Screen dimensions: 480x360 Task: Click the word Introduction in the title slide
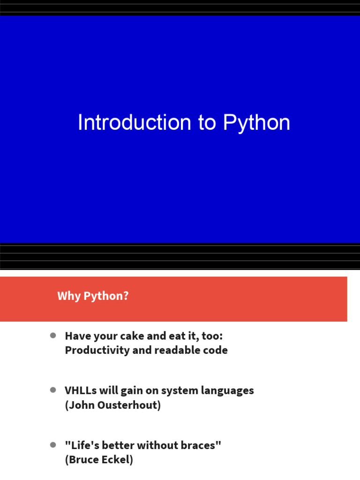point(134,123)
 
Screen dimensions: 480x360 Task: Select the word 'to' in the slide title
point(207,123)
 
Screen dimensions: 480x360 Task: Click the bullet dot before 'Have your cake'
point(53,336)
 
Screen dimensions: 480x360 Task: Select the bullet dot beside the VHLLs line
point(53,390)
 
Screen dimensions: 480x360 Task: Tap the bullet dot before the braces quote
point(53,444)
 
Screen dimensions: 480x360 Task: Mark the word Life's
point(84,445)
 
